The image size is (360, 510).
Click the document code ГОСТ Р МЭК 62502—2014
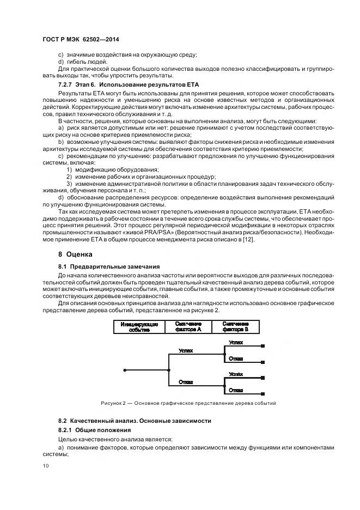[x=81, y=40]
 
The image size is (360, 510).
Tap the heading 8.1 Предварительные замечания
[x=109, y=266]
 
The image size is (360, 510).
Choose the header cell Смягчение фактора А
[x=188, y=326]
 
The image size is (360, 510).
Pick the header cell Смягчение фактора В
[x=235, y=326]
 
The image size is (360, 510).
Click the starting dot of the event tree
[x=125, y=370]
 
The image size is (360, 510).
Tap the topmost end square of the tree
[x=263, y=346]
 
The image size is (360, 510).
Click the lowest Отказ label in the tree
[x=236, y=390]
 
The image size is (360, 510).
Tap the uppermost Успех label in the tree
[x=236, y=343]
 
